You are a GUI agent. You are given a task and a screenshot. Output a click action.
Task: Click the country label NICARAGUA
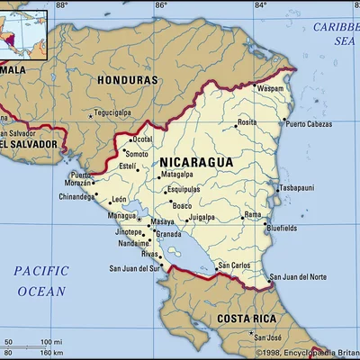[196, 162]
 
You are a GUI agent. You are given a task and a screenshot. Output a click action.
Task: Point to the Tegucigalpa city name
[120, 113]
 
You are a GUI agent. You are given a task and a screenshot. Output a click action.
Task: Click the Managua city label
[121, 216]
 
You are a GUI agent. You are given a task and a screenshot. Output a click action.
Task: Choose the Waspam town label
[270, 90]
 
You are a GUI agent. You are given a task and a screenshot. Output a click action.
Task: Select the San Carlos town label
[234, 265]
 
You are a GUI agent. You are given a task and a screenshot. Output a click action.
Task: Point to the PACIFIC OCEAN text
[40, 280]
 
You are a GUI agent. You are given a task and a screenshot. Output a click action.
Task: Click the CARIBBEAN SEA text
[335, 33]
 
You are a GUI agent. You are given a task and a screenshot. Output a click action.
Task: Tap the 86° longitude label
[159, 5]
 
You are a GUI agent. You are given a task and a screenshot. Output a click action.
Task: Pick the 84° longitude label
[260, 5]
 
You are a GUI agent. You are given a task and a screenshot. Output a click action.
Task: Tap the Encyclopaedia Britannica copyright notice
[306, 353]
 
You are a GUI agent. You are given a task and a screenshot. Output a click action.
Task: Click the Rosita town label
[247, 121]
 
